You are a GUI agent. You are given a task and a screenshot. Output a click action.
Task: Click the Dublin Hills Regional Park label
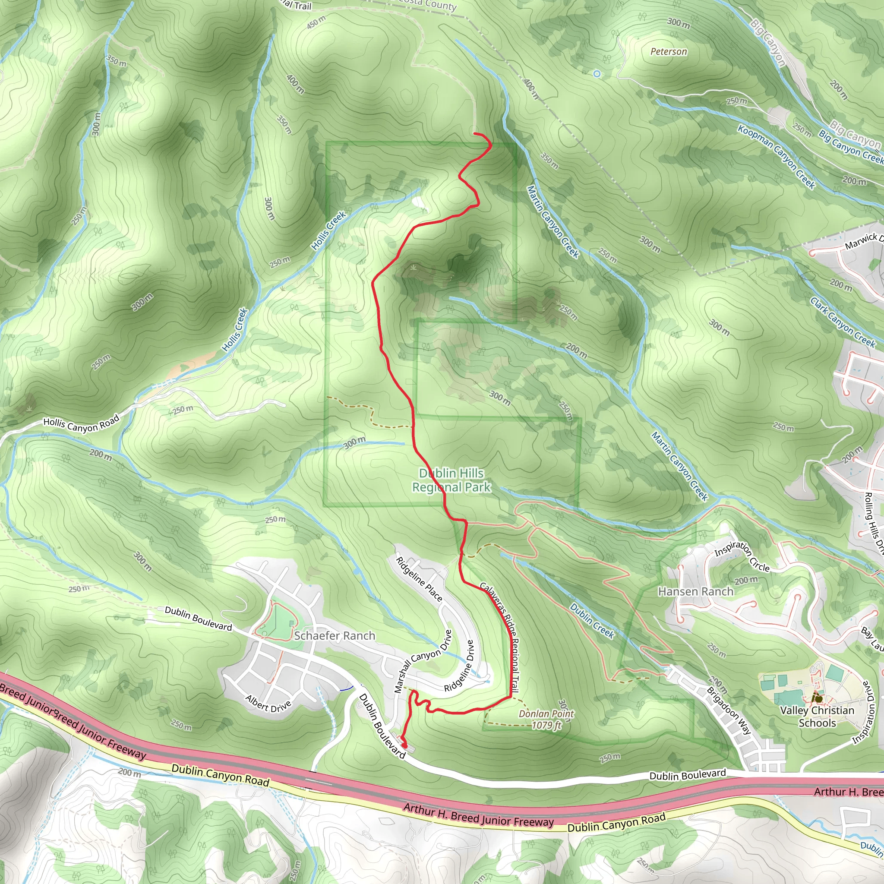[451, 480]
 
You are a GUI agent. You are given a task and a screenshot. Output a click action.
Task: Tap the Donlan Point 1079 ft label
[546, 719]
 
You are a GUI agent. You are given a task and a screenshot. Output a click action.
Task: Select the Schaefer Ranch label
[335, 635]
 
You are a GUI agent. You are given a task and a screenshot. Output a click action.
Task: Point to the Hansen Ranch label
[695, 592]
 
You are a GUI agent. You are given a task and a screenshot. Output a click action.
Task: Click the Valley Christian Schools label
[817, 717]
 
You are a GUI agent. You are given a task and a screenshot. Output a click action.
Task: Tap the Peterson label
[669, 52]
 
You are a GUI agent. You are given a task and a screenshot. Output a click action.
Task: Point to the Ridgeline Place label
[419, 579]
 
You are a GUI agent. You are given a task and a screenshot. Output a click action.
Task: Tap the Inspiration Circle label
[742, 556]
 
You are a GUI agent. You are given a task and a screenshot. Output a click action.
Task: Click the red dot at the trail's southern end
[404, 746]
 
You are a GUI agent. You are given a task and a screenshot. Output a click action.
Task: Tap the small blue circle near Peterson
[597, 73]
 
